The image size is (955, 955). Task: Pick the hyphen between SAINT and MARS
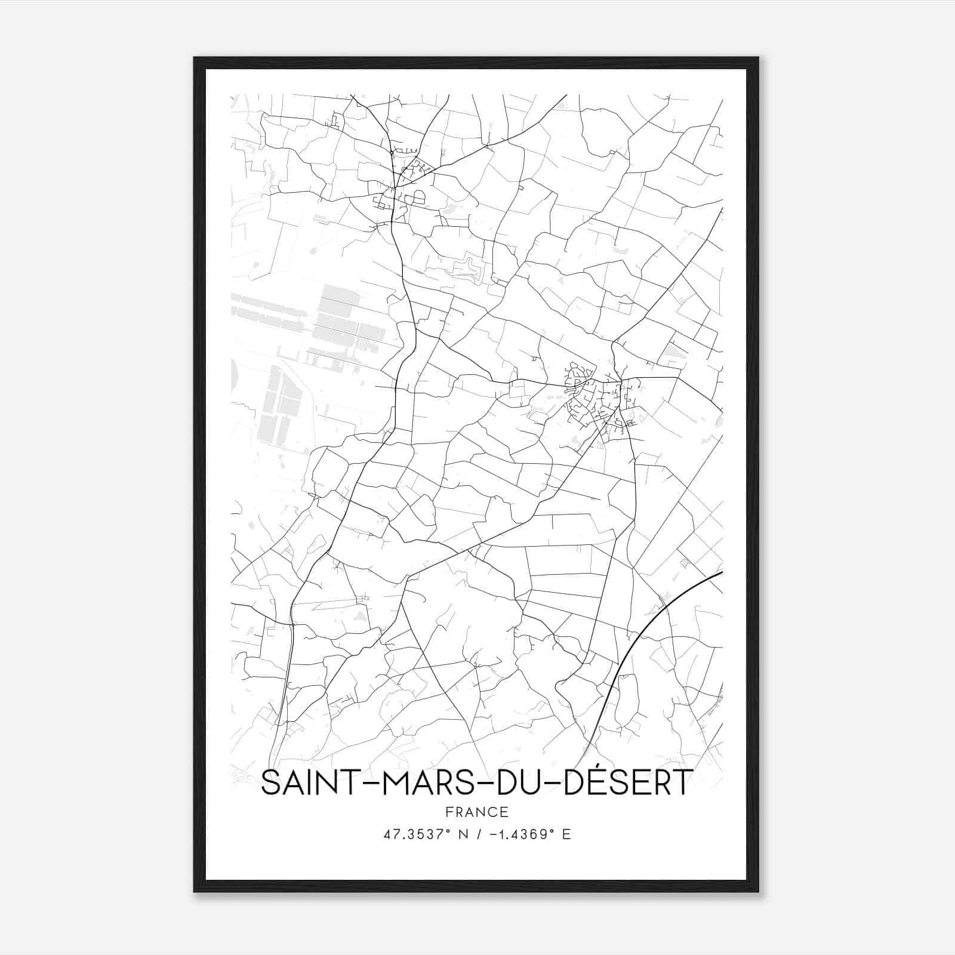[363, 784]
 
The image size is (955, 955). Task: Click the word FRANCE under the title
[477, 812]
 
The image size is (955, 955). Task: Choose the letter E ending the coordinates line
[567, 834]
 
